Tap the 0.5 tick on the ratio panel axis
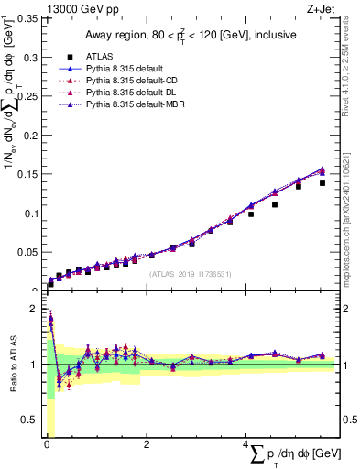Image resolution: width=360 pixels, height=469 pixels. (x=29, y=420)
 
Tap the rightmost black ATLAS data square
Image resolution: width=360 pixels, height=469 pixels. (x=322, y=183)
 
